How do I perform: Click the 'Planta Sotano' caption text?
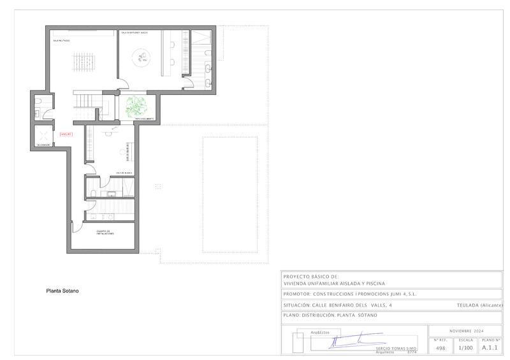62,291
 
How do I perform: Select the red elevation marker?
66,134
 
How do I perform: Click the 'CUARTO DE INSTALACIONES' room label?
105,233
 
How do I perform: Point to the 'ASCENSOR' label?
43,145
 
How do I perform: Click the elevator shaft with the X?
44,134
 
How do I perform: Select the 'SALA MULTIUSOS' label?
62,40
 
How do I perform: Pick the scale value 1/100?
465,348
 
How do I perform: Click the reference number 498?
440,348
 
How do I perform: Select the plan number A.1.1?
489,348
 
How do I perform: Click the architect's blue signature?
347,342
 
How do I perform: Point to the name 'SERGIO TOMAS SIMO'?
396,349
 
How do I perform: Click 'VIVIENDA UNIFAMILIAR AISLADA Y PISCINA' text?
334,283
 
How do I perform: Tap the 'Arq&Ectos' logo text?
319,333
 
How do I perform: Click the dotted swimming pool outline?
231,194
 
